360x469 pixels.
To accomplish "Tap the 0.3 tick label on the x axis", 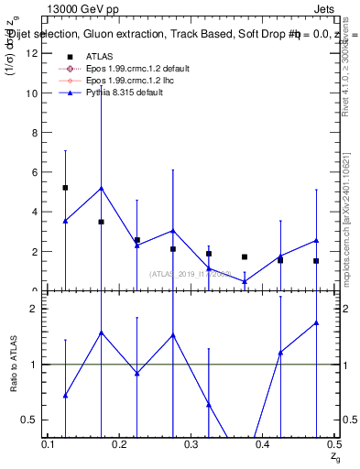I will (191, 444).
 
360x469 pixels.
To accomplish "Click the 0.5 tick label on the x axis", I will (333, 444).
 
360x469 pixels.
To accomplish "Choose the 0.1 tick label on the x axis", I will (49, 444).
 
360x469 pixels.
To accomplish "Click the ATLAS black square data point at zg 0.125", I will (65, 188).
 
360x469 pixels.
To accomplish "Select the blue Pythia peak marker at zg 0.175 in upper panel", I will (101, 188).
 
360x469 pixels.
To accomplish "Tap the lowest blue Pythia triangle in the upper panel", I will (245, 281).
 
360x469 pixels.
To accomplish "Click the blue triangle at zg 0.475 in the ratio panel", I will (316, 322).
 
